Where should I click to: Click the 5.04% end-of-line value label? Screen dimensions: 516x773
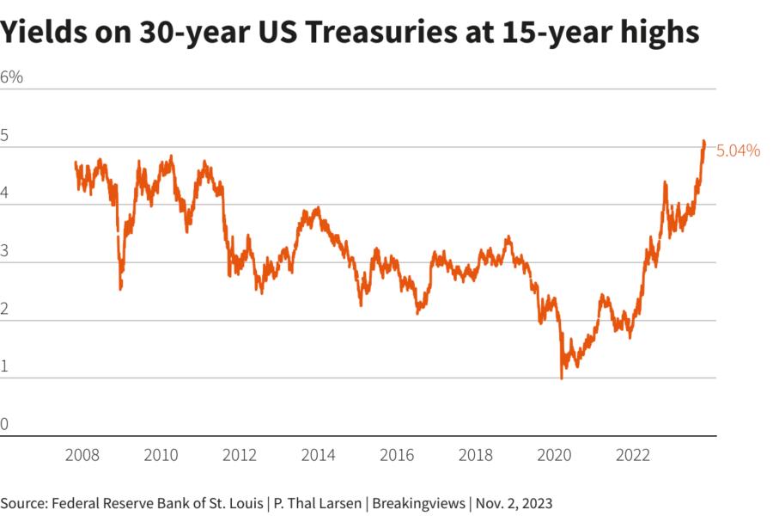[x=738, y=150]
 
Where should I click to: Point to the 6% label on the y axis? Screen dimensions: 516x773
[x=12, y=77]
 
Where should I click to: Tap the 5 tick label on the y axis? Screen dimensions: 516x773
[x=5, y=135]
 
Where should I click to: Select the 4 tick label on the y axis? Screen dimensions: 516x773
[x=5, y=193]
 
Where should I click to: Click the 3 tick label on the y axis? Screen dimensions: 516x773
[x=5, y=251]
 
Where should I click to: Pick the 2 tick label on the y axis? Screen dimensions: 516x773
[x=5, y=309]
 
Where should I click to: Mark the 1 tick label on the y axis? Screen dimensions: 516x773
[x=5, y=366]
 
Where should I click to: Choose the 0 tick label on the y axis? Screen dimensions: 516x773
[x=5, y=424]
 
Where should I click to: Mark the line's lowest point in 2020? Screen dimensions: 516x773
[x=562, y=378]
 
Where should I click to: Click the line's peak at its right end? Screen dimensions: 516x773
[x=703, y=141]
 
